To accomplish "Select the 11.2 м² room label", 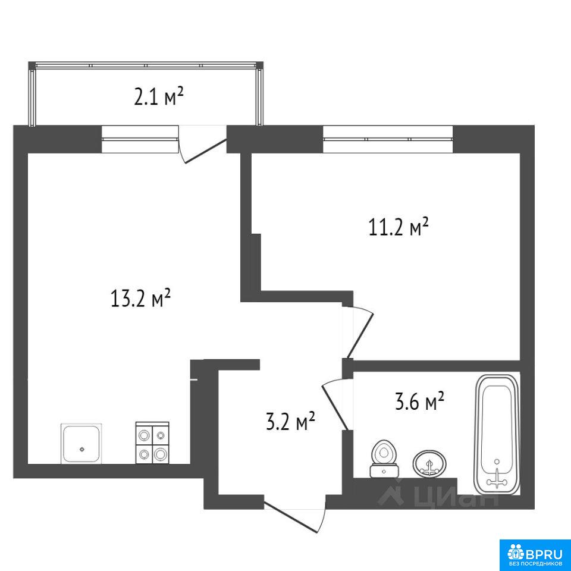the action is [x=399, y=228].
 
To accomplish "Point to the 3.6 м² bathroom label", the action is [x=419, y=401].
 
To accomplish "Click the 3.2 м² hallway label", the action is [x=291, y=421].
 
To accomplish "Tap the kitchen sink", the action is [x=81, y=444].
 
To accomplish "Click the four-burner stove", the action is [x=152, y=443].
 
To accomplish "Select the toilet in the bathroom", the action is [x=384, y=459].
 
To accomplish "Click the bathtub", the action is [x=495, y=434].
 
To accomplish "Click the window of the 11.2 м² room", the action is [x=388, y=139].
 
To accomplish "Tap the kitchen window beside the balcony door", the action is [x=140, y=139].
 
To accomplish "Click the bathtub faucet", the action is [x=497, y=481].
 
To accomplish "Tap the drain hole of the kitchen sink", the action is [x=82, y=449].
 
